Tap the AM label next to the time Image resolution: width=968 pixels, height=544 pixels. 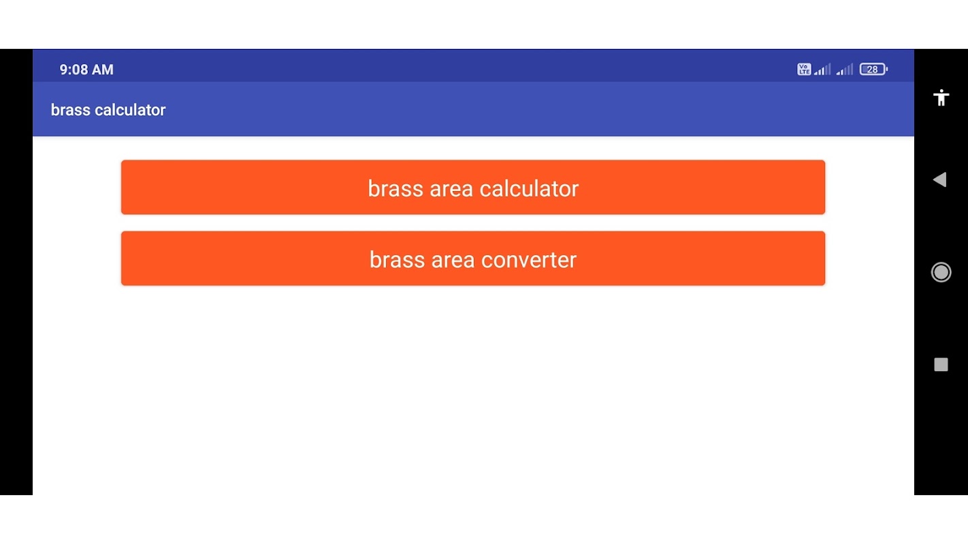click(102, 69)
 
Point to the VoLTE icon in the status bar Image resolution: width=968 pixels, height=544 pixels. click(804, 69)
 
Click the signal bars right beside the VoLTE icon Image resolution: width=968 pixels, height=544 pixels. click(822, 69)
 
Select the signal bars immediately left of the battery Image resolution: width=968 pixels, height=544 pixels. click(845, 69)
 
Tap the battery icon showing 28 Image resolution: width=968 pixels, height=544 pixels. click(873, 69)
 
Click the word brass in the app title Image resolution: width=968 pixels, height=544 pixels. click(71, 110)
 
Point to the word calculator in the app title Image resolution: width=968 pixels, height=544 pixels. click(130, 110)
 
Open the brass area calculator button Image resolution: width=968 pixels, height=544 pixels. click(473, 188)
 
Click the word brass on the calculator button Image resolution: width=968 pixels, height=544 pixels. click(396, 188)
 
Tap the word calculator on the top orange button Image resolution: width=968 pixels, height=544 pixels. click(529, 188)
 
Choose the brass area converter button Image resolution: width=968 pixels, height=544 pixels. click(473, 258)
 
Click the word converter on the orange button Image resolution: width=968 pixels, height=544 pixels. click(529, 260)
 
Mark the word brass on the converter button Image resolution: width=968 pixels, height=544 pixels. click(397, 260)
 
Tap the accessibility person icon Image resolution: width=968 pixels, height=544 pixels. click(941, 97)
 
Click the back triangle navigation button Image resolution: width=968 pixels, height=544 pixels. click(940, 180)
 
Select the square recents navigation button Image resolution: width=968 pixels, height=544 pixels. click(941, 364)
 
